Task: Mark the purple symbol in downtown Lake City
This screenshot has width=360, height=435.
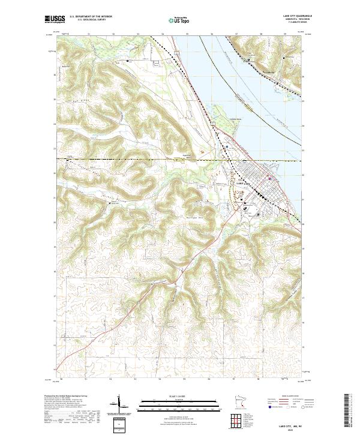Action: coord(271,178)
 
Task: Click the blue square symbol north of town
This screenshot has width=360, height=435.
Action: coord(227,146)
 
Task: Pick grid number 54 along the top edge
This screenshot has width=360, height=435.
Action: coord(163,34)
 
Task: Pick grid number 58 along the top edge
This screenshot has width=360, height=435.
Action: coord(262,34)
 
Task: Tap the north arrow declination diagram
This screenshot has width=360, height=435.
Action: coord(119,406)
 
